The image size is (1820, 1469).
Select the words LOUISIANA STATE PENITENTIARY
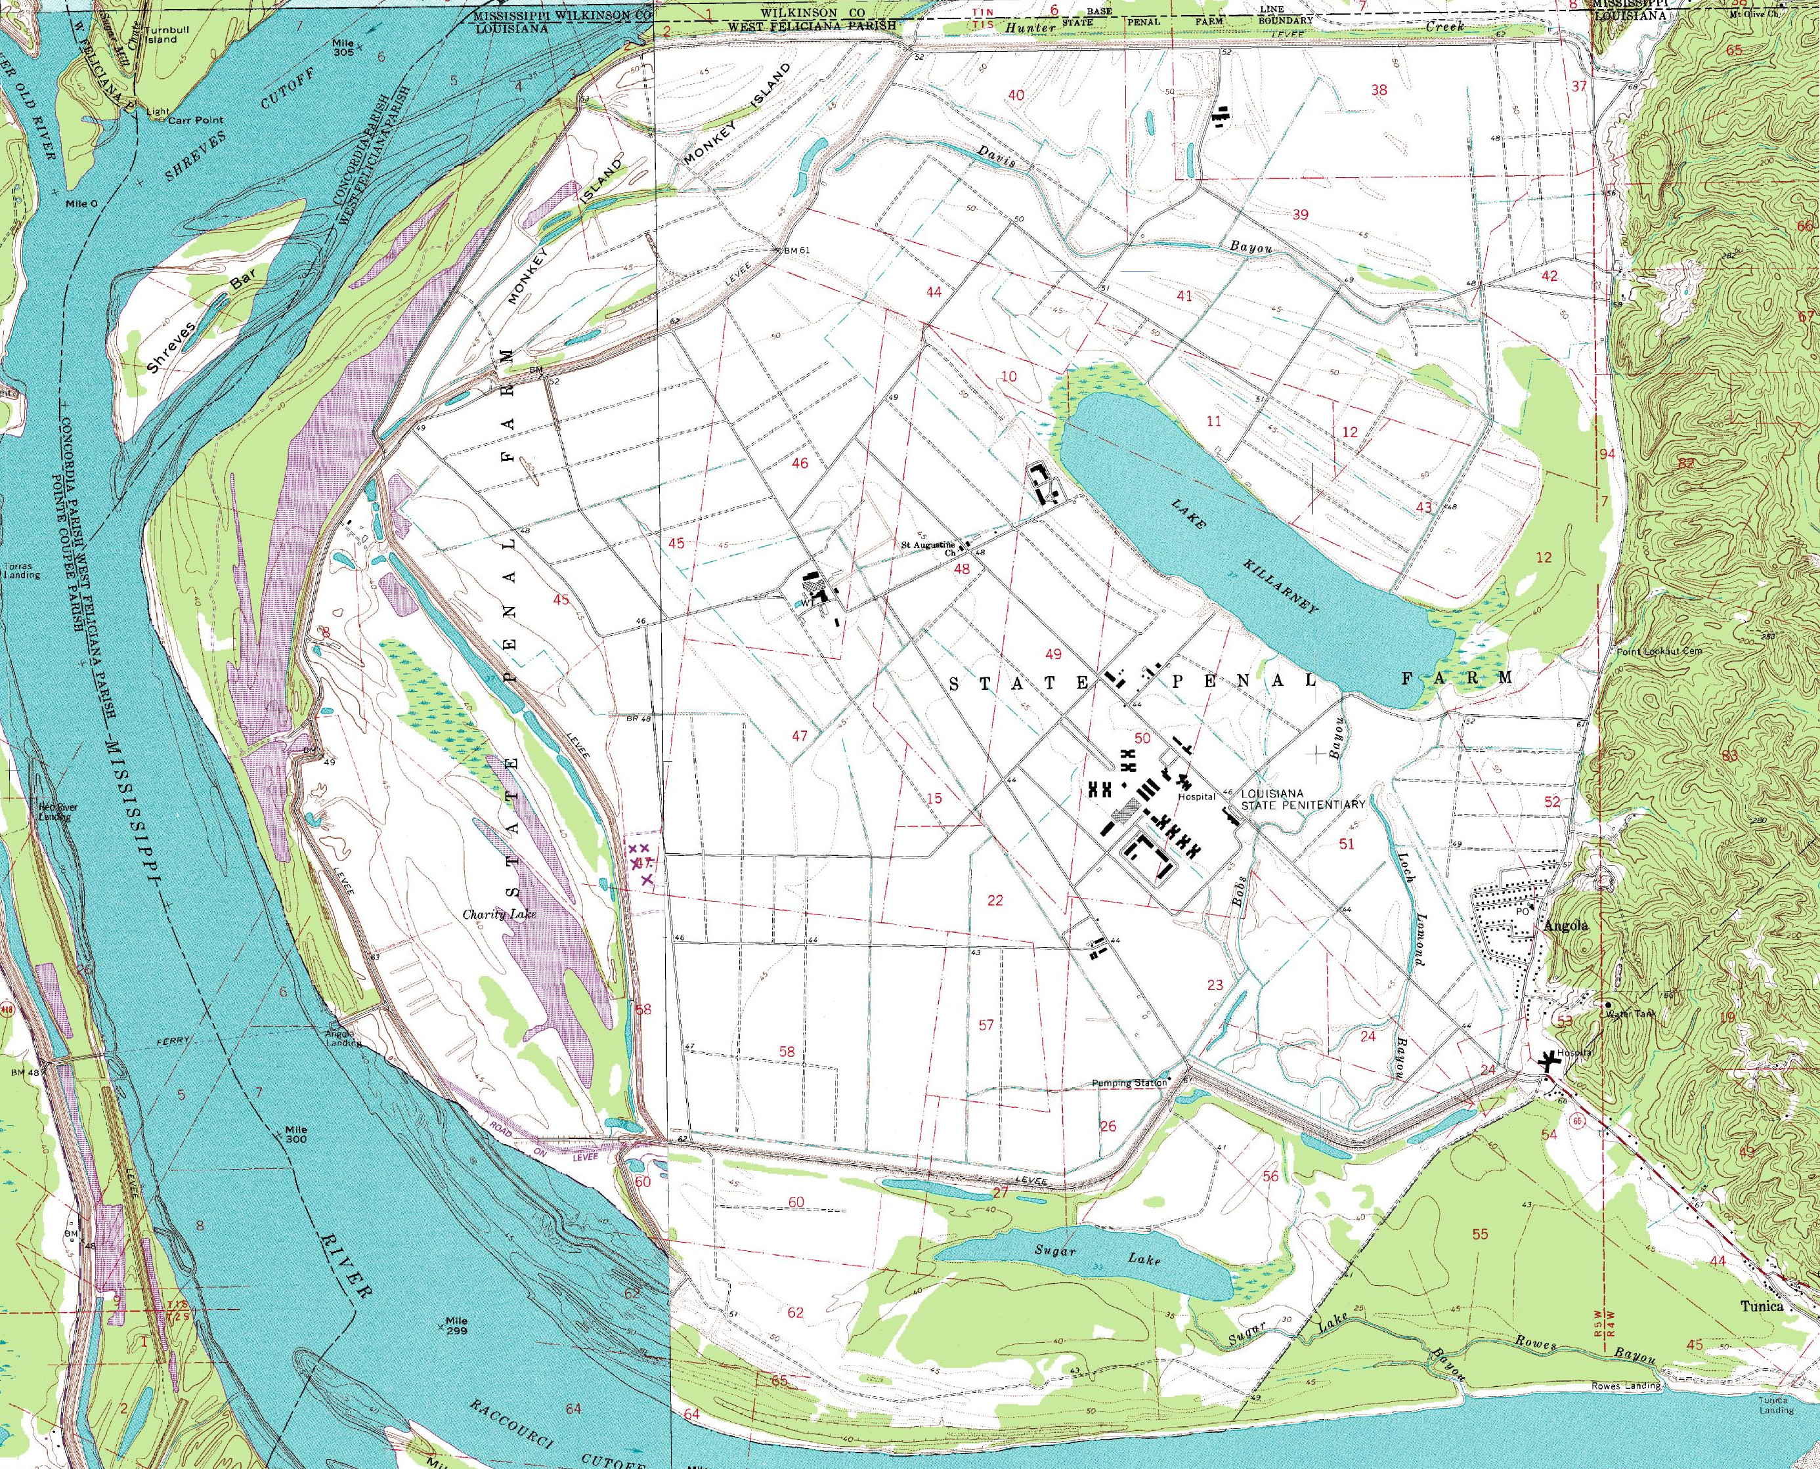click(x=1302, y=799)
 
